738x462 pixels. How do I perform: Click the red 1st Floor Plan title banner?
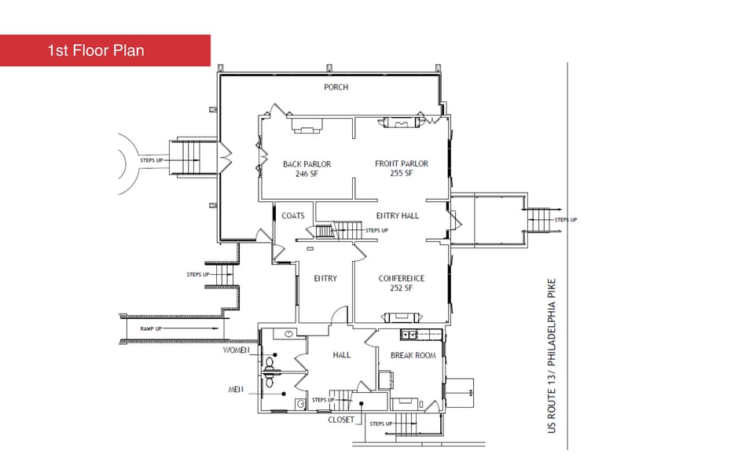click(x=105, y=50)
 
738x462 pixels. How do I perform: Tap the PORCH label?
click(x=336, y=87)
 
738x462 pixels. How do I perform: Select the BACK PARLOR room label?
click(x=307, y=164)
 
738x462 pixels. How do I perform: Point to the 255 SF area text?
click(x=401, y=173)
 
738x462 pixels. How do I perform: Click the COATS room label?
click(x=292, y=216)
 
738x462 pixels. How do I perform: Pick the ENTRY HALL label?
click(x=398, y=216)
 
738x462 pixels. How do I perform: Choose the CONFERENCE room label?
click(x=402, y=278)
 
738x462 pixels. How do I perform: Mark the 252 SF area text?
click(x=401, y=288)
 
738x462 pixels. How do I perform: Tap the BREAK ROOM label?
click(x=413, y=356)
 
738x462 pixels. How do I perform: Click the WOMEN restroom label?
click(x=236, y=350)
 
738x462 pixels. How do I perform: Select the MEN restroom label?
click(x=236, y=390)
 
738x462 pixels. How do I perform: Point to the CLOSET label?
click(x=341, y=420)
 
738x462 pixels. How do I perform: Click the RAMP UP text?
click(x=151, y=329)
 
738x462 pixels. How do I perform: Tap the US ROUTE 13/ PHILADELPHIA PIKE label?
click(x=552, y=356)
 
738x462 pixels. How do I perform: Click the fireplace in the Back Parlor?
click(x=307, y=126)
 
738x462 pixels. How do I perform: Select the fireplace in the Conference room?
click(x=401, y=317)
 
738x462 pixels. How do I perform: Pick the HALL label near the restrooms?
click(x=342, y=355)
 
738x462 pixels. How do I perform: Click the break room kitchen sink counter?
click(x=420, y=335)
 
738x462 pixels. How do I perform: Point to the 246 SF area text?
click(x=307, y=174)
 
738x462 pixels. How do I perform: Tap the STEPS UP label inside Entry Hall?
click(x=377, y=230)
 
